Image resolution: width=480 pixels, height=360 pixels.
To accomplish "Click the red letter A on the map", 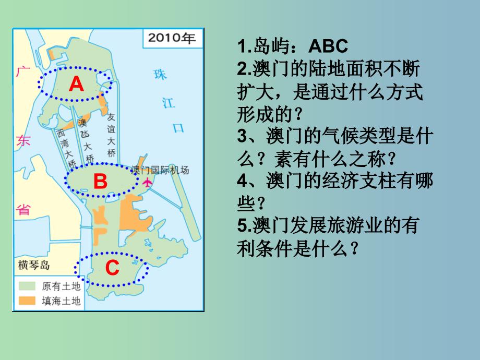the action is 76,84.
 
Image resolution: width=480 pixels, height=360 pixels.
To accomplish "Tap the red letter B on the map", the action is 100,181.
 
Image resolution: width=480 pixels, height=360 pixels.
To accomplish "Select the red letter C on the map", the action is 112,268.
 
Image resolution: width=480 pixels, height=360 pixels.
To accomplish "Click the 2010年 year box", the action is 172,38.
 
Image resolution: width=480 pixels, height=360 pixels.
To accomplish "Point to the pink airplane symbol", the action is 147,183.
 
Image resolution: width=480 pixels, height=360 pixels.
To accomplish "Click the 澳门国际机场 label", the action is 160,170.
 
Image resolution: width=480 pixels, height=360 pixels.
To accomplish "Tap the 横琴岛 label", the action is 34,265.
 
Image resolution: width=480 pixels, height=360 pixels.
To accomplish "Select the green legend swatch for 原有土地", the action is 27,286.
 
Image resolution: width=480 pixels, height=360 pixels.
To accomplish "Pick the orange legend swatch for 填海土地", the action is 27,301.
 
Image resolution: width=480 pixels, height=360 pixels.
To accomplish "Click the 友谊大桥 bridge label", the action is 111,135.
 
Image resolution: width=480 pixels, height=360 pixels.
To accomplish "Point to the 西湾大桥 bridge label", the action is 66,149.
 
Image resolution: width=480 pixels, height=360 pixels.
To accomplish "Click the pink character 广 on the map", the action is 22,72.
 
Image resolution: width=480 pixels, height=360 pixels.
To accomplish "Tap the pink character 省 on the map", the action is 23,210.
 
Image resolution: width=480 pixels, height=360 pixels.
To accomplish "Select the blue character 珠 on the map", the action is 160,75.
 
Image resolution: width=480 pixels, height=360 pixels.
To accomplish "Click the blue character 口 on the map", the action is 178,128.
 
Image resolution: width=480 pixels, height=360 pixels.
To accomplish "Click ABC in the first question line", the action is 328,46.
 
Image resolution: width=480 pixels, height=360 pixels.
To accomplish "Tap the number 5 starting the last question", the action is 242,225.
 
